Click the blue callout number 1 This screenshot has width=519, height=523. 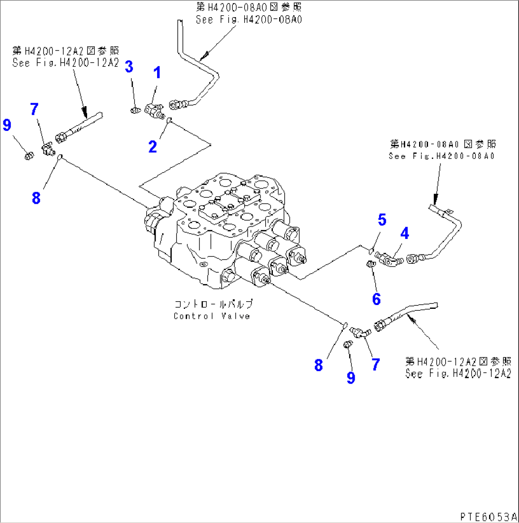tap(156, 73)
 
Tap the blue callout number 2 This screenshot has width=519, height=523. tap(152, 147)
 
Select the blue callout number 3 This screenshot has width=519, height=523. tap(129, 67)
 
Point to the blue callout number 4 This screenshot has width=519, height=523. tap(404, 233)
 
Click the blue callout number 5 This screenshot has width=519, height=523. tap(382, 220)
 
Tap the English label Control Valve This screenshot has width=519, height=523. tap(211, 316)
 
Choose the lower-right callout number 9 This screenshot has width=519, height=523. tap(350, 377)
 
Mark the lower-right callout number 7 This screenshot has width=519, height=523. tap(375, 365)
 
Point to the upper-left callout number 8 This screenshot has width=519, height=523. tap(36, 198)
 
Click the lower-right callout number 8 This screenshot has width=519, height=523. tap(318, 365)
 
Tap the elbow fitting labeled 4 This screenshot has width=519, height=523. tap(389, 258)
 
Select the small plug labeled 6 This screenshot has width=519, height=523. tap(369, 264)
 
